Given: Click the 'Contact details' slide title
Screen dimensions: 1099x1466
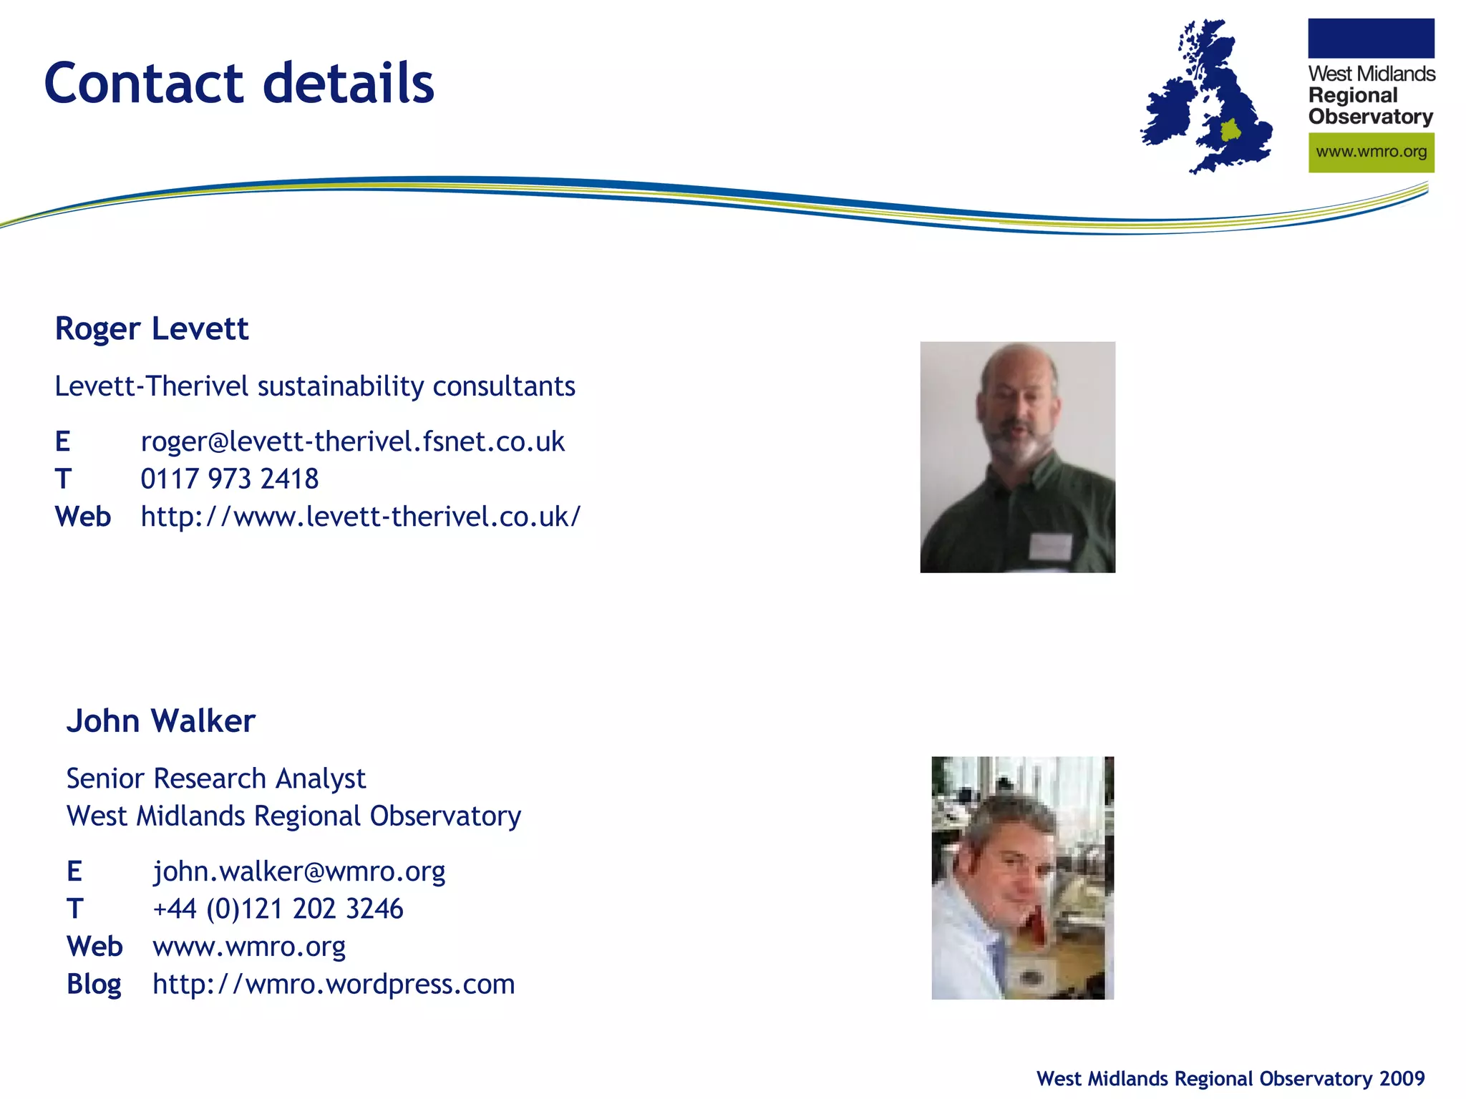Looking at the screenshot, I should click(239, 83).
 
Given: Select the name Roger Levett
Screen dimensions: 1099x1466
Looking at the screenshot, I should click(152, 329).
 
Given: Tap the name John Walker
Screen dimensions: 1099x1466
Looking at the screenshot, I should click(160, 721).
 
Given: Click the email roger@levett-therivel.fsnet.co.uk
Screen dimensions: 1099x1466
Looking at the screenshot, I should click(352, 441).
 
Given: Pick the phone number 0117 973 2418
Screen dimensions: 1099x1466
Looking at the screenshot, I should click(229, 479).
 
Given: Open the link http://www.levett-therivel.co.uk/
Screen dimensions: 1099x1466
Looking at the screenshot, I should click(360, 517).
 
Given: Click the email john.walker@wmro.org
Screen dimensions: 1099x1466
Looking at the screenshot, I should click(299, 871).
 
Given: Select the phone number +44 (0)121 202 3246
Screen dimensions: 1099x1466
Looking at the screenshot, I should click(278, 909).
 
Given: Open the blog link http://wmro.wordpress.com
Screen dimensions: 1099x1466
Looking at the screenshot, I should click(334, 985).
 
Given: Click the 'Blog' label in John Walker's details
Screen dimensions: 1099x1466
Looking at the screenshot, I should click(94, 985).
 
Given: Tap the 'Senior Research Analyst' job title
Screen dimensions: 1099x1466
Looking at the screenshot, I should click(215, 778).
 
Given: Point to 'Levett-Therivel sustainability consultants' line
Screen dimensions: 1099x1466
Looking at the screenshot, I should click(315, 386).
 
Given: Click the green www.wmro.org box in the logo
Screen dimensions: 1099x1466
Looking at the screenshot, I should click(1371, 152).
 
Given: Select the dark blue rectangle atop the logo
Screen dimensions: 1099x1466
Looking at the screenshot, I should click(1371, 39).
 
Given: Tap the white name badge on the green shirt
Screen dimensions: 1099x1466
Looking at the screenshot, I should click(1051, 547).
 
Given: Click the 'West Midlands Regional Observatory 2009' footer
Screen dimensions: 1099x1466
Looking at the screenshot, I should click(1230, 1078).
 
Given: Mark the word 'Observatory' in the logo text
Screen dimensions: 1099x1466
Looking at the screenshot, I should click(1370, 117).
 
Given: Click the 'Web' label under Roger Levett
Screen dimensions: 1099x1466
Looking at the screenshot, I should click(83, 517).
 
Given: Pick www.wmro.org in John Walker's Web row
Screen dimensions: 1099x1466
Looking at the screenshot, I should click(249, 947).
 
